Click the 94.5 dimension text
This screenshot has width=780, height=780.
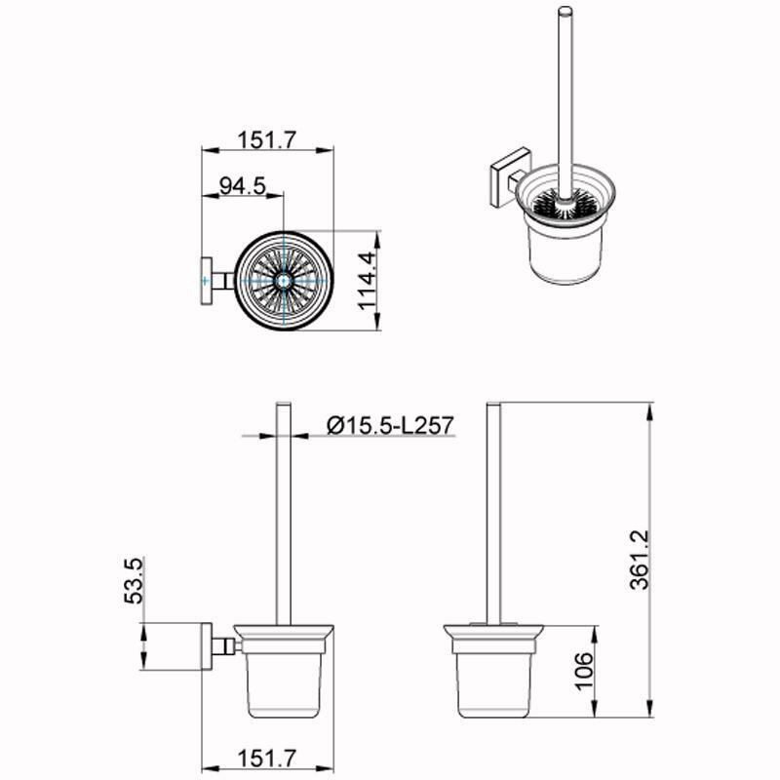click(x=242, y=186)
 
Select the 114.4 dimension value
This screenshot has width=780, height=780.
click(x=367, y=281)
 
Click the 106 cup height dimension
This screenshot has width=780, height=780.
click(x=584, y=671)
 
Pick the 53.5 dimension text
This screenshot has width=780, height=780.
click(x=135, y=581)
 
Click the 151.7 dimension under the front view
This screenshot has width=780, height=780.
click(x=264, y=756)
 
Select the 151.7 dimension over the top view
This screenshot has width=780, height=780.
click(x=264, y=140)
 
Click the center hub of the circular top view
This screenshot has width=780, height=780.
click(x=284, y=281)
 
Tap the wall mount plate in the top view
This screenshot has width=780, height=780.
click(x=206, y=281)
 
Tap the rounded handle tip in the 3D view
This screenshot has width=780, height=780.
click(x=563, y=16)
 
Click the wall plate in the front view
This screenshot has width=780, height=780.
click(x=207, y=645)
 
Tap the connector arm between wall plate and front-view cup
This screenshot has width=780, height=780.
click(x=225, y=645)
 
